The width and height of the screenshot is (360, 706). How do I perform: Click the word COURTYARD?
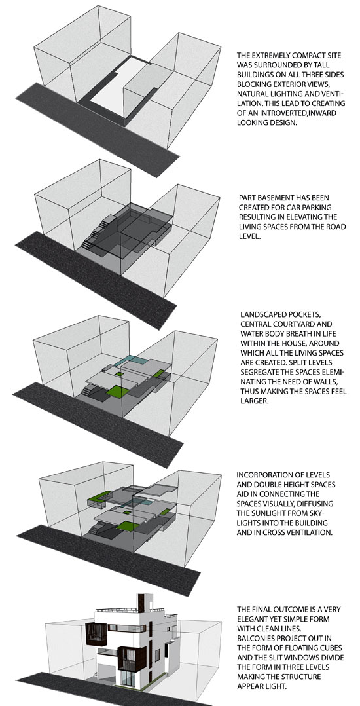coord(310,324)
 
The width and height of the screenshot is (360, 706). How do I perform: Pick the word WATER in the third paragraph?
coord(251,333)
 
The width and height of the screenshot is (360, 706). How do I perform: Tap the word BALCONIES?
coord(257,638)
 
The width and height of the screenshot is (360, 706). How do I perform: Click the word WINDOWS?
coord(319,657)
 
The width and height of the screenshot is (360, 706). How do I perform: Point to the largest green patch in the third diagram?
coord(118,391)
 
